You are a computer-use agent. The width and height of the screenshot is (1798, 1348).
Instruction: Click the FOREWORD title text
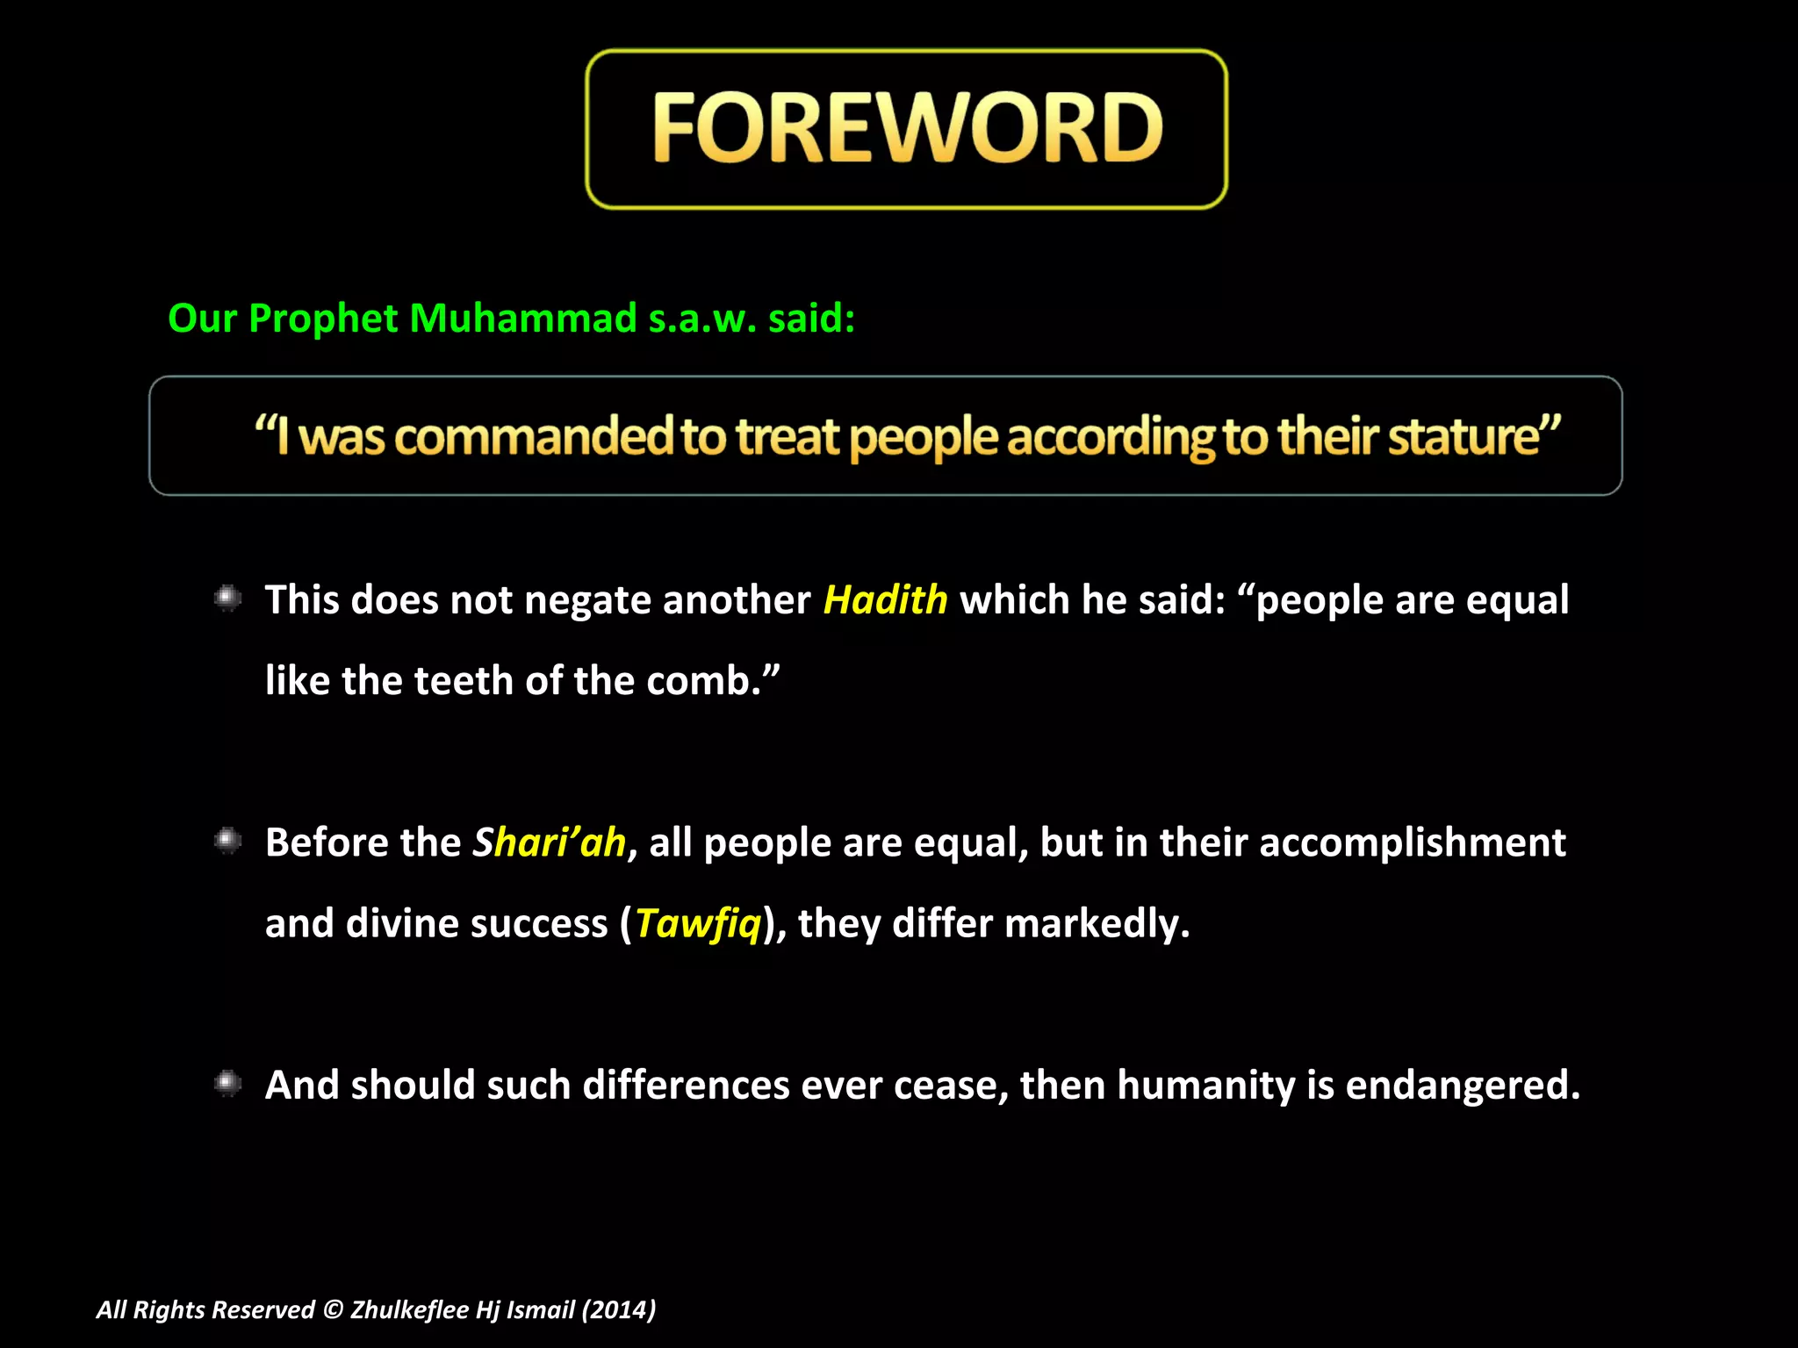tap(907, 129)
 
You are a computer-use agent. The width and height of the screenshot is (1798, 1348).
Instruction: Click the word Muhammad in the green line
tap(523, 318)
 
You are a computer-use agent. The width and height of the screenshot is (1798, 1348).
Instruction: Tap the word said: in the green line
tap(811, 318)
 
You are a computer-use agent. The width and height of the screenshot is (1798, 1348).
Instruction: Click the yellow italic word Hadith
tap(885, 600)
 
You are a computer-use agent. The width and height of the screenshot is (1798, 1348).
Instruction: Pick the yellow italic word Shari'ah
tap(550, 842)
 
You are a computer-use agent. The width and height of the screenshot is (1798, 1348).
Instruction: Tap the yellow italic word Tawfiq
tap(698, 923)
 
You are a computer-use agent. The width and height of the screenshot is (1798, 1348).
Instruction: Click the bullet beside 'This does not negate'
tap(227, 599)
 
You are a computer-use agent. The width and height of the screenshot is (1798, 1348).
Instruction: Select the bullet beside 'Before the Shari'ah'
tap(227, 841)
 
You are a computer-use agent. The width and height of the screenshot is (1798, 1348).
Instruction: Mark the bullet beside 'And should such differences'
tap(227, 1084)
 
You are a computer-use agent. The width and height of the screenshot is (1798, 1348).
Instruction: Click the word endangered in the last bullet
tap(1461, 1086)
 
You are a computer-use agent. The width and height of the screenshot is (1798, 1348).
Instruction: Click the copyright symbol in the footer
tap(333, 1309)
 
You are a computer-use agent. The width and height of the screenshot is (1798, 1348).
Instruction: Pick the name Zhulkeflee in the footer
tap(409, 1309)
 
